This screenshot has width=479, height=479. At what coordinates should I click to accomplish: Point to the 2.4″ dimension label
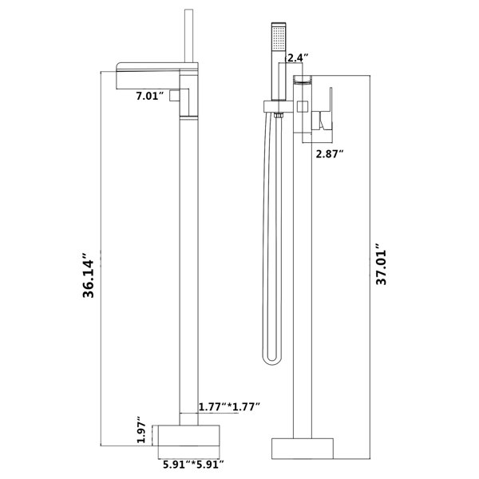[298, 57]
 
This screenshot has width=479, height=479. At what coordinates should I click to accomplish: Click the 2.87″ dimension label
[328, 154]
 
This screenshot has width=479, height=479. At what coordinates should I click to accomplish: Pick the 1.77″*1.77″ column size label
[230, 406]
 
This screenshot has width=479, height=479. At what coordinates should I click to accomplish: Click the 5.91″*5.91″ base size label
[193, 465]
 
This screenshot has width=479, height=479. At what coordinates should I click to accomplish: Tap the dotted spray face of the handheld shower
[279, 38]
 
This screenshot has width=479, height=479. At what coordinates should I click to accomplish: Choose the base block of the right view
[303, 449]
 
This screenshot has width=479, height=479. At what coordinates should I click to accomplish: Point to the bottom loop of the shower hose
[272, 362]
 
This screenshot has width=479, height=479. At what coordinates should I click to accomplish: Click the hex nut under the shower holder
[279, 115]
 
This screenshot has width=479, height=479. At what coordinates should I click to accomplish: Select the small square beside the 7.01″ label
[174, 96]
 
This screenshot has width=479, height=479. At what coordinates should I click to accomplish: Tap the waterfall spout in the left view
[148, 76]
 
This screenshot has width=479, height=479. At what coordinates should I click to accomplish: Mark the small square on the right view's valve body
[303, 106]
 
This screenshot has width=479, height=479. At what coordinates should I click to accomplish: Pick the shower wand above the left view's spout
[188, 36]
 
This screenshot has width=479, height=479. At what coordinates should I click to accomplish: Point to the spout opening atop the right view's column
[303, 80]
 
